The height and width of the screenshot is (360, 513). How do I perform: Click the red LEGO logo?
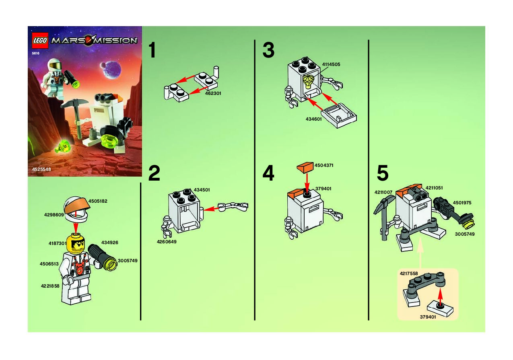(40, 40)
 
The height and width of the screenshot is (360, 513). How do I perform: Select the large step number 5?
(383, 173)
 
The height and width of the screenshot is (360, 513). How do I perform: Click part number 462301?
(213, 93)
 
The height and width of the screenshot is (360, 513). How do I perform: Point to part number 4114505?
(331, 64)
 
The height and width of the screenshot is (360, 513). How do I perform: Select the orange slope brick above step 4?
(305, 167)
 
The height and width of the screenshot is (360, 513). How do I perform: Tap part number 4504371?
(324, 165)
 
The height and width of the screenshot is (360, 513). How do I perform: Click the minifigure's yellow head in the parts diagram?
(75, 244)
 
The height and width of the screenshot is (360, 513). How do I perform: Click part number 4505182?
(98, 201)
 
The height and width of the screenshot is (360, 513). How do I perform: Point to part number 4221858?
(50, 286)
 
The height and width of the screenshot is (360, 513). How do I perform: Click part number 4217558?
(409, 274)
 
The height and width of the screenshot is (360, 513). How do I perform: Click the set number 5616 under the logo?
(36, 53)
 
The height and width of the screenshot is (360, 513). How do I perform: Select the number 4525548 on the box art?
(41, 169)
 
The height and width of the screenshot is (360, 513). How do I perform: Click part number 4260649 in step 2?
(167, 242)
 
